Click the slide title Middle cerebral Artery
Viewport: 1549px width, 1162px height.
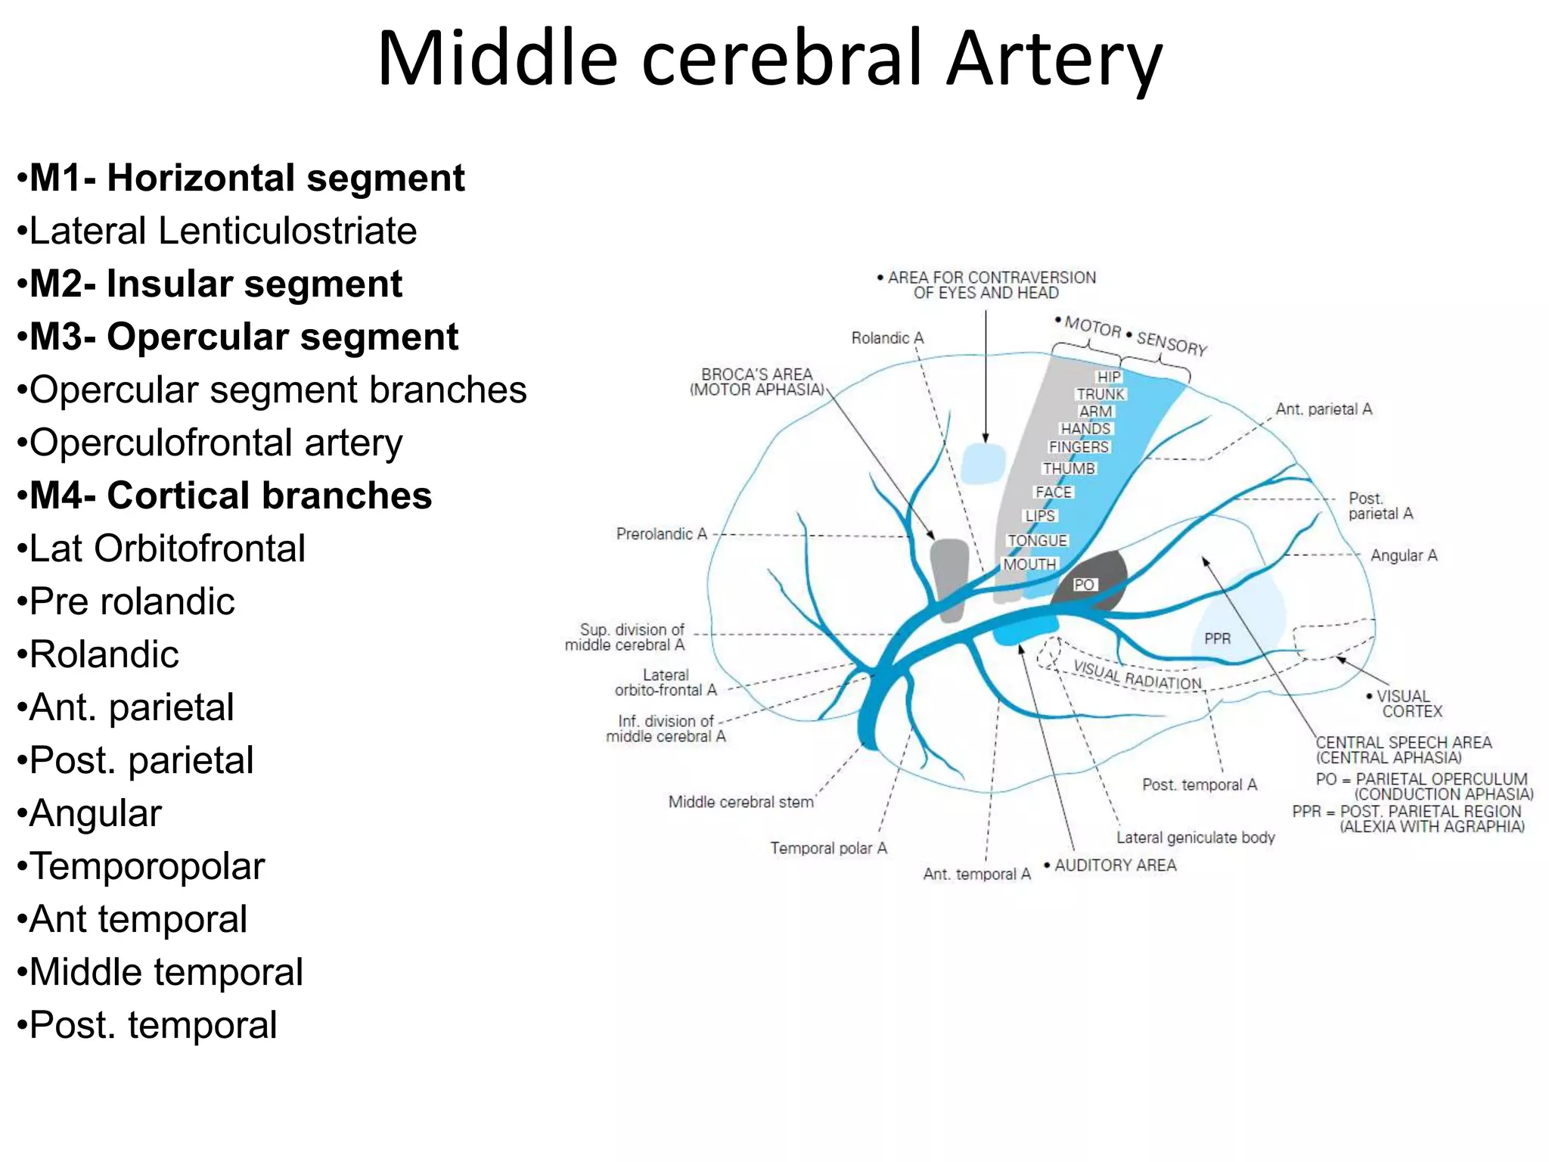(769, 59)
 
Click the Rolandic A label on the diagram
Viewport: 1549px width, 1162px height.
(887, 338)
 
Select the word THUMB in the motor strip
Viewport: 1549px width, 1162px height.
(1069, 469)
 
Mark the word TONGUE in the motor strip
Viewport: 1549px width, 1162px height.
(1037, 541)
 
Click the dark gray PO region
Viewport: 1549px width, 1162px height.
(1093, 581)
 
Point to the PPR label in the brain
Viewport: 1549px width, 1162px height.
(1217, 638)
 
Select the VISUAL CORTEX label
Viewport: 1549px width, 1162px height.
(1407, 704)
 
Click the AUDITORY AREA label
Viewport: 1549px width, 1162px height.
(1114, 865)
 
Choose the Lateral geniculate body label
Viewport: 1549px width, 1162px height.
(1195, 837)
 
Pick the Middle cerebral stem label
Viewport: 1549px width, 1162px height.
(740, 802)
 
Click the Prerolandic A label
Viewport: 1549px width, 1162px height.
(661, 534)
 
